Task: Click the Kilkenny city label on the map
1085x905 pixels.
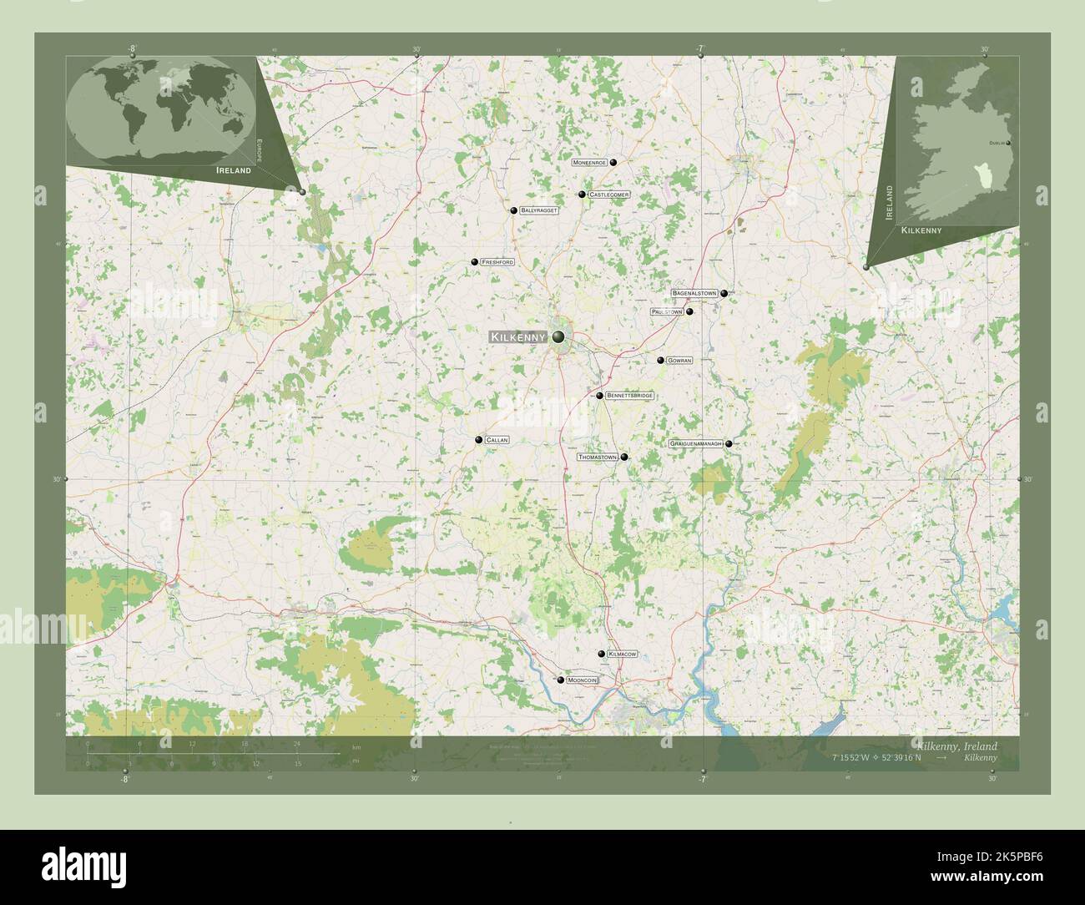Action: (x=518, y=337)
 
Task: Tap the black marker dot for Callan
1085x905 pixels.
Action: (x=479, y=440)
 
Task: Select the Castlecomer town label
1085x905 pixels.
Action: (x=608, y=195)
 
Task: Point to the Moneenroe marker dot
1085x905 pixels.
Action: (x=613, y=163)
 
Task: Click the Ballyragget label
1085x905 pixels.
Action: (x=538, y=210)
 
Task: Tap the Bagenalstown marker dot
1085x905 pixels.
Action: (x=724, y=294)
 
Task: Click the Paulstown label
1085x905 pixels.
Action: (x=667, y=311)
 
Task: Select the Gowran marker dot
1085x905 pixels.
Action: (x=660, y=361)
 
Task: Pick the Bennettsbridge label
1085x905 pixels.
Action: (x=629, y=396)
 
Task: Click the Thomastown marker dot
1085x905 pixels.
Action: (x=624, y=458)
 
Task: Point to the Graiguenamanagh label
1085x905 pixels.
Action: (x=695, y=444)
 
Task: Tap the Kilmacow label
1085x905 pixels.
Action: (x=623, y=654)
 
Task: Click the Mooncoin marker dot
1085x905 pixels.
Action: (x=561, y=680)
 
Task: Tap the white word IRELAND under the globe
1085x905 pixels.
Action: (x=233, y=170)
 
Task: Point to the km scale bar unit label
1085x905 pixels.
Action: (x=356, y=746)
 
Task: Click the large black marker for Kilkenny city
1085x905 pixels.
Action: (x=558, y=337)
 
